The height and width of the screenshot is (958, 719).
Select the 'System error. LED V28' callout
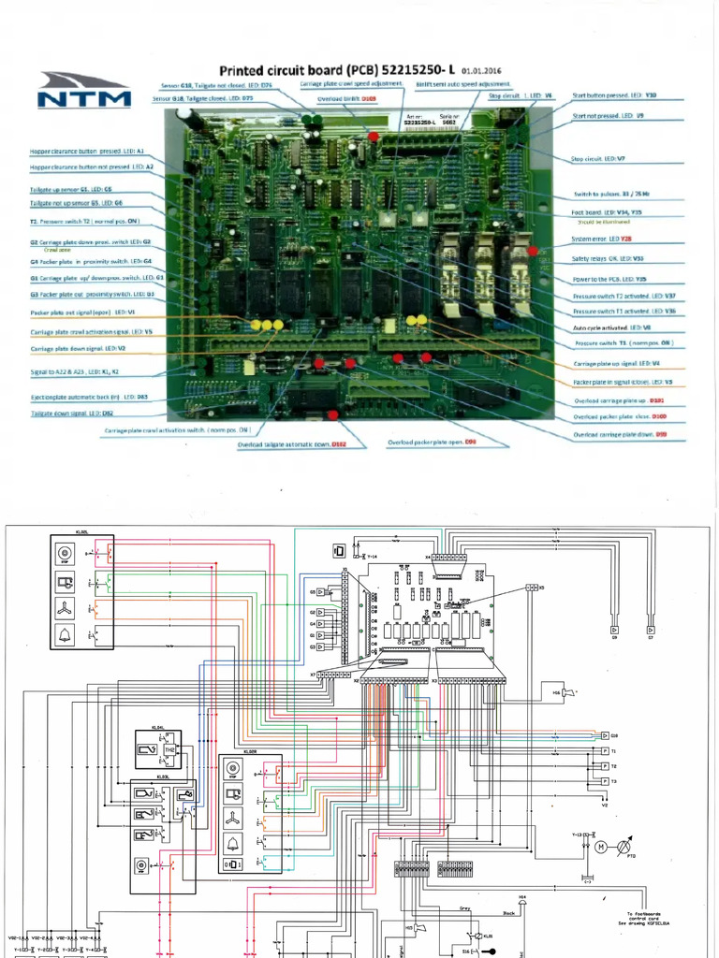point(608,239)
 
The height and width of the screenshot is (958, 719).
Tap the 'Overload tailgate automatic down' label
point(291,445)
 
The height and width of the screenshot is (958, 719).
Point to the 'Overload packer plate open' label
point(433,442)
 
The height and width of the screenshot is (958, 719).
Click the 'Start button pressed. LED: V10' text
point(614,95)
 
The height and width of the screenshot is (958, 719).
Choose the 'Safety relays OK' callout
point(608,258)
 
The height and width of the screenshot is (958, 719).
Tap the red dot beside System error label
point(532,250)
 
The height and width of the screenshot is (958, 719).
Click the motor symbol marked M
point(600,847)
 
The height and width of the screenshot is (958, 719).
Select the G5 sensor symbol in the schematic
point(321,592)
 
